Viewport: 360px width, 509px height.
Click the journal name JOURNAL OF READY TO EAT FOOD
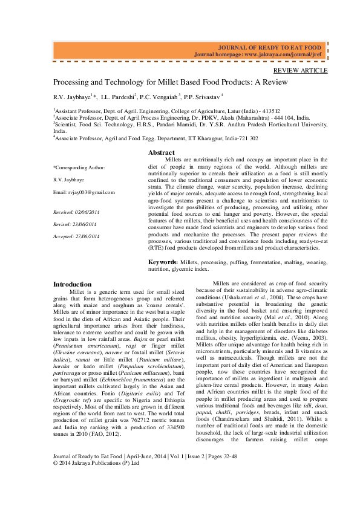269,47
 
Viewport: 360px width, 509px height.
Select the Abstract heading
162,153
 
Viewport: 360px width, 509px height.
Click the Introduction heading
73,284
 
